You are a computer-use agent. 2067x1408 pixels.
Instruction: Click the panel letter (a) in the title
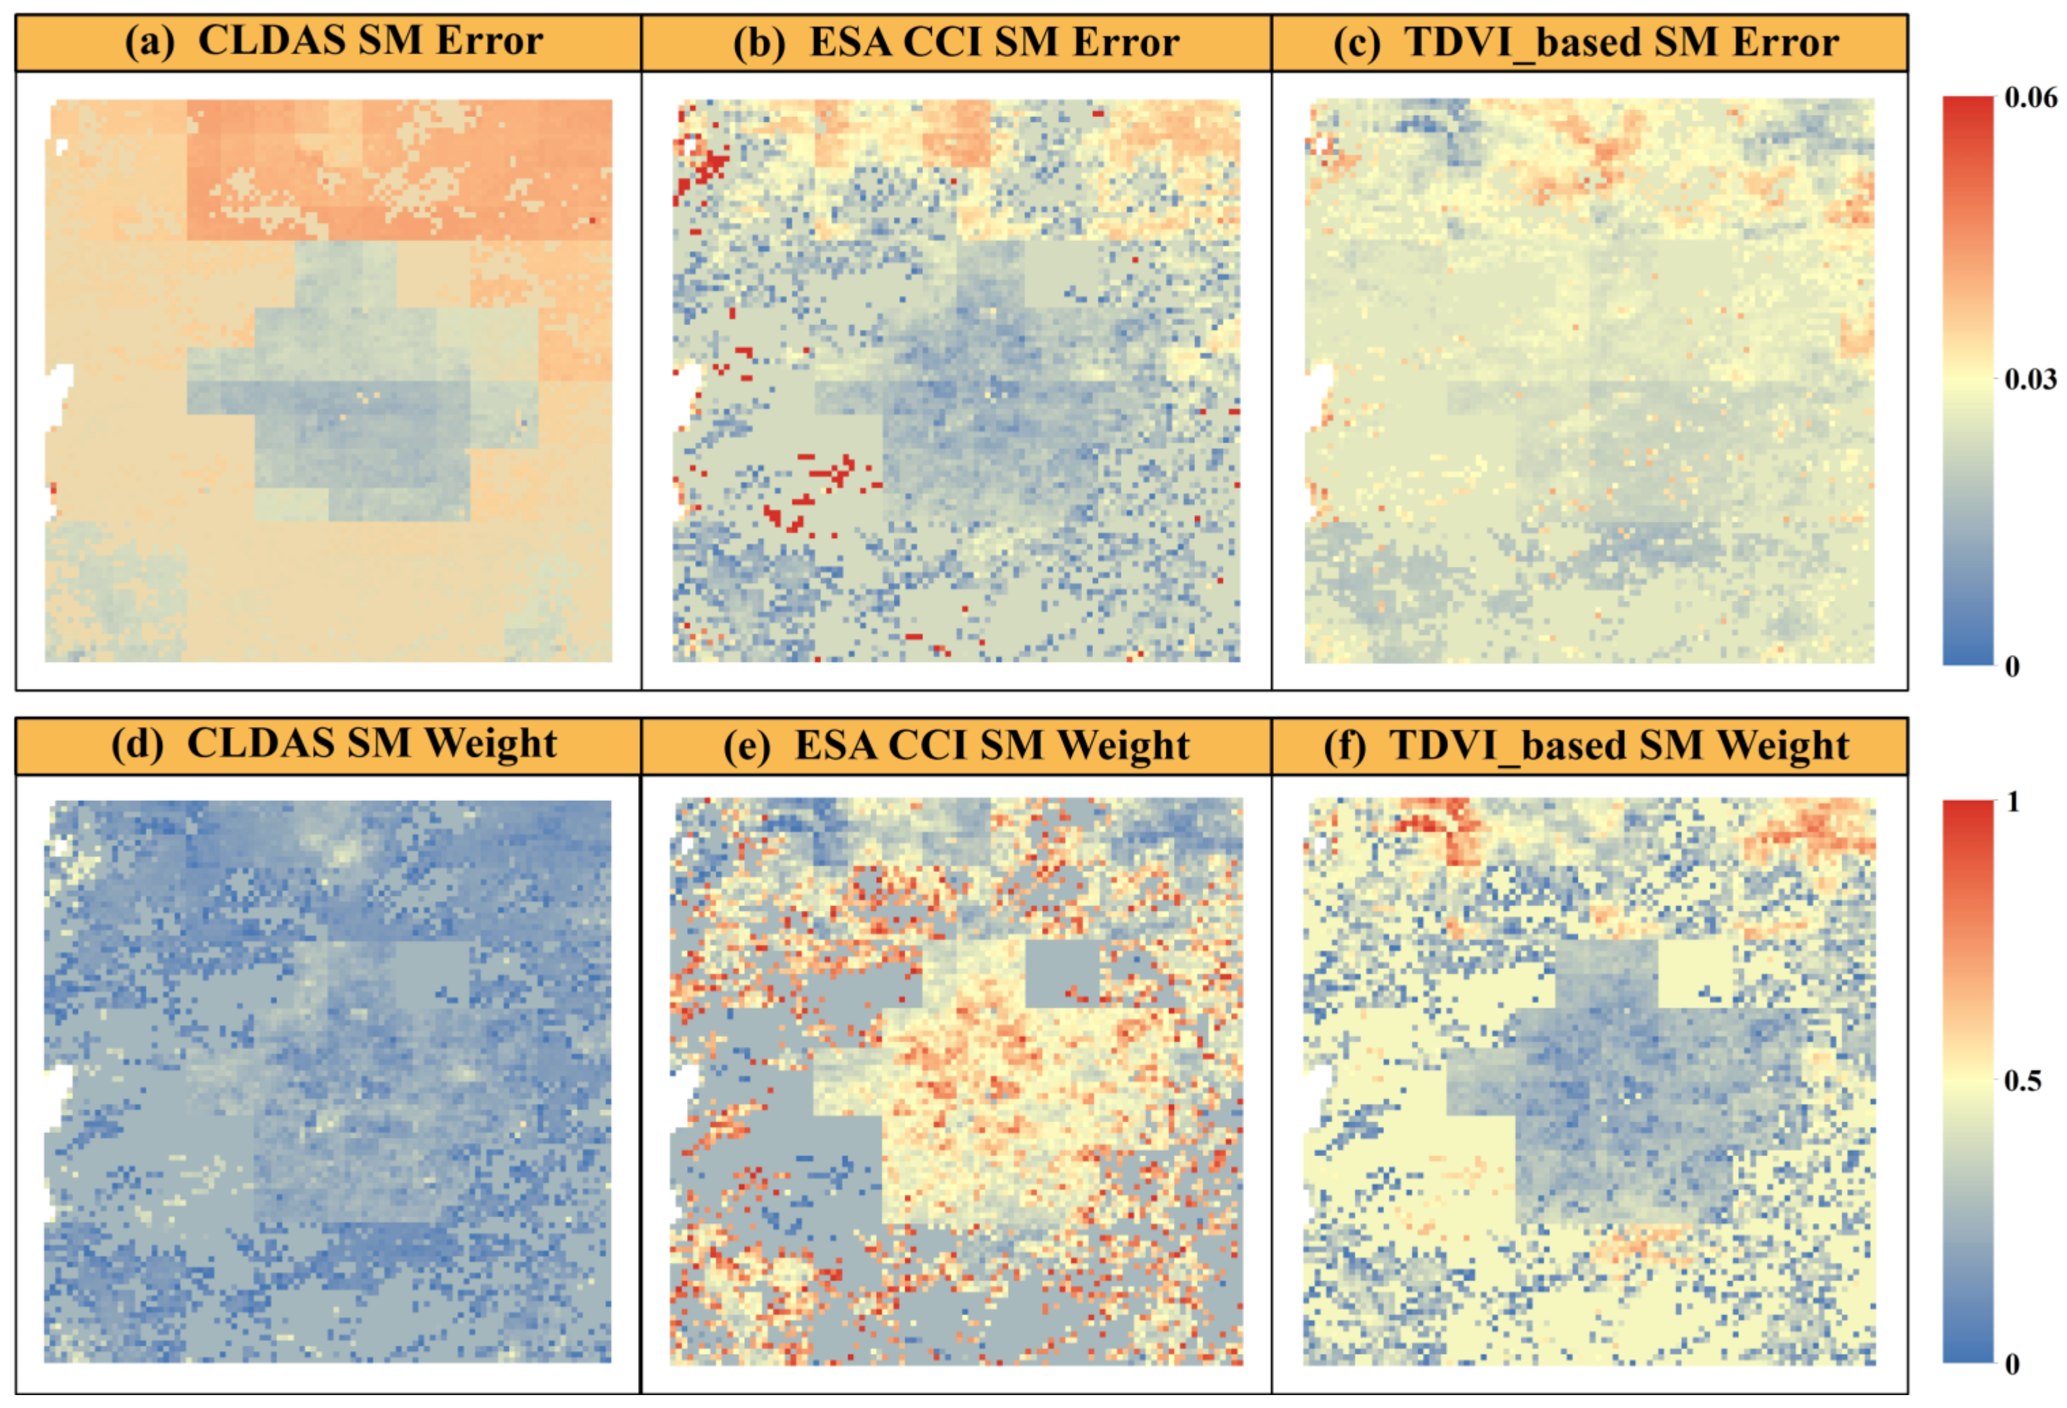[151, 41]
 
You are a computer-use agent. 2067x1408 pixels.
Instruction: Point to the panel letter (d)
[138, 744]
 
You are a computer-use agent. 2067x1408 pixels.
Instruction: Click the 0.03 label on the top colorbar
[2030, 380]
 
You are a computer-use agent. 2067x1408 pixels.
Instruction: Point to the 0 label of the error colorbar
[2013, 666]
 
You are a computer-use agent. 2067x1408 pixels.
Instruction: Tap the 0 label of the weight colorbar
[2013, 1364]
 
